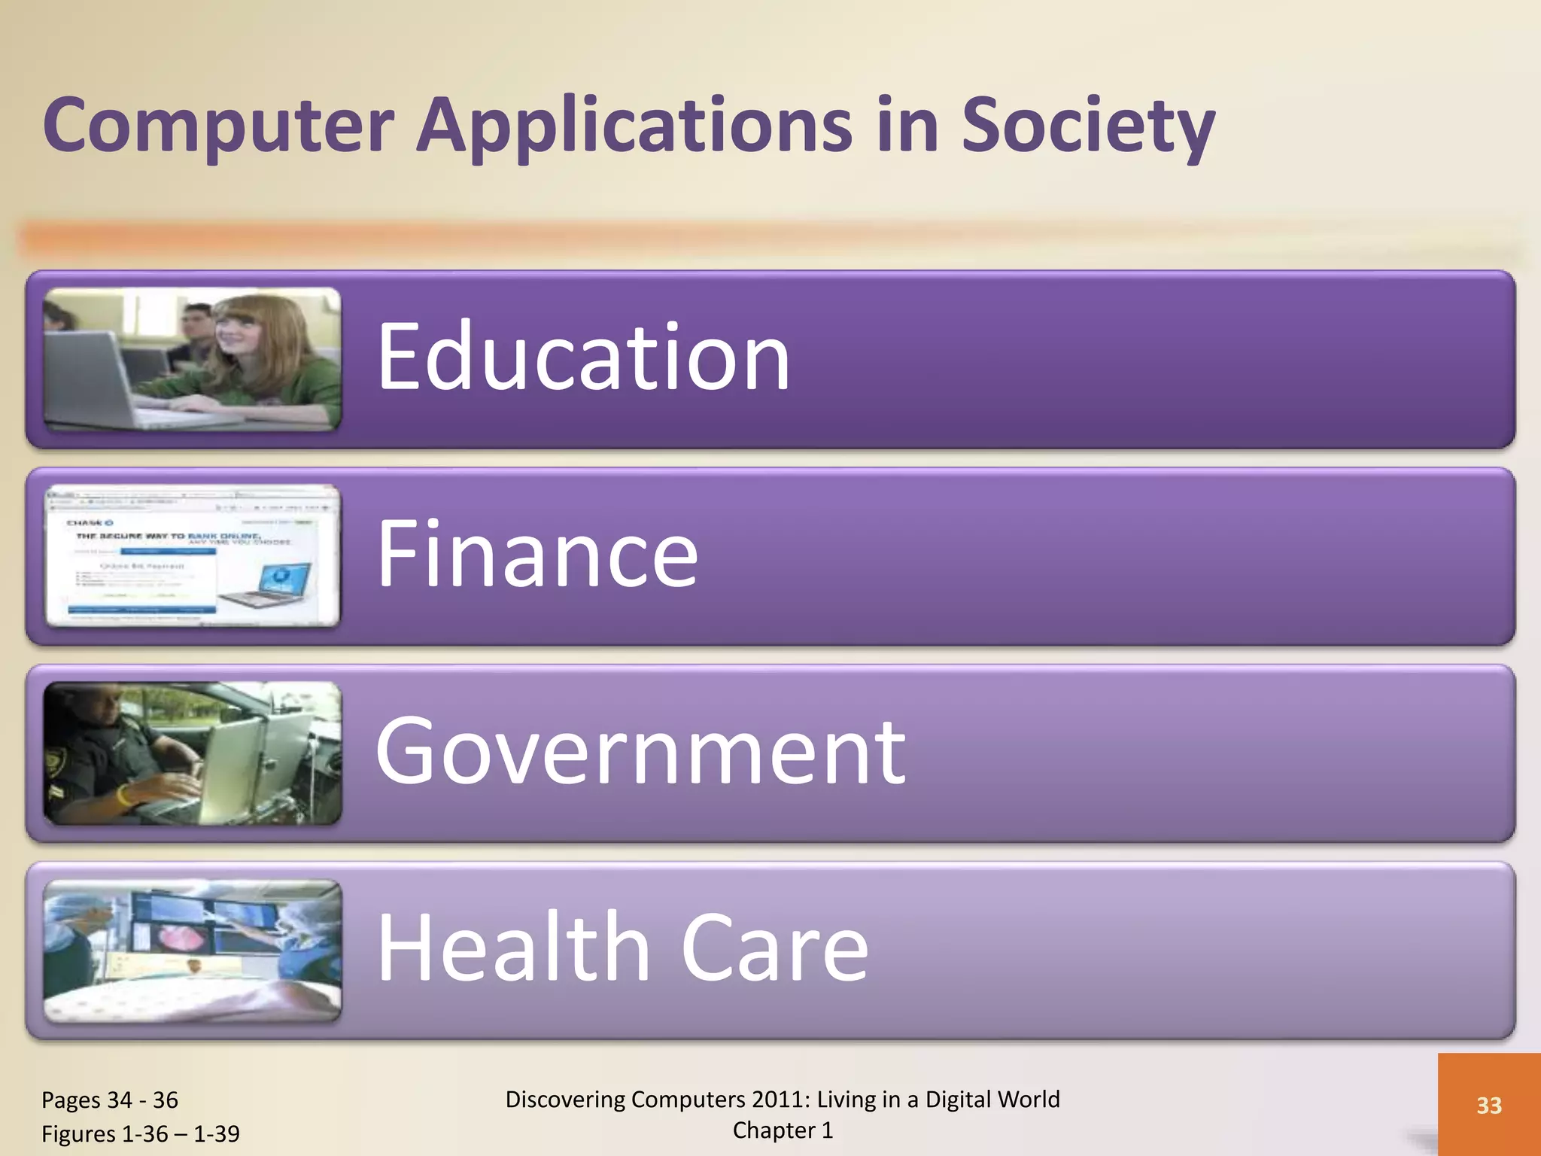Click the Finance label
point(537,554)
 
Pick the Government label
point(640,750)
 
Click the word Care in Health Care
point(774,948)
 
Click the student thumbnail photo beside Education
point(193,359)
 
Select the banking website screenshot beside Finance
point(193,555)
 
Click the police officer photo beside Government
point(193,753)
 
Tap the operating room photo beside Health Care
point(193,950)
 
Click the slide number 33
point(1488,1105)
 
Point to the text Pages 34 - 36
point(110,1100)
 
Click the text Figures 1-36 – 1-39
point(141,1133)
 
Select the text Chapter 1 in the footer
point(783,1130)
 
